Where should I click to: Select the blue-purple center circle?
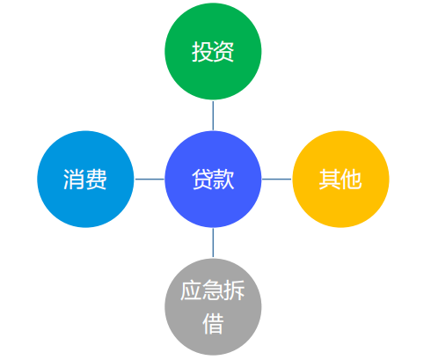213,179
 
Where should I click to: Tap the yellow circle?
340,179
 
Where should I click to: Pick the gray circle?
213,306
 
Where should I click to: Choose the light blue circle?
85,179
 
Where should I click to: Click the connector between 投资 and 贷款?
213,115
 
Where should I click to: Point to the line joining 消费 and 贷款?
150,179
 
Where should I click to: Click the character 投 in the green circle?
202,52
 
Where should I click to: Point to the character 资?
224,52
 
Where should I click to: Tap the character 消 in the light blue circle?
74,180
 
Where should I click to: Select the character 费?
97,180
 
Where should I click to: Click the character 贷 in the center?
202,179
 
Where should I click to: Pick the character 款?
224,179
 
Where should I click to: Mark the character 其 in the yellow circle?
329,180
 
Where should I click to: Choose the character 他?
351,180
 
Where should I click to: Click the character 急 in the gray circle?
213,291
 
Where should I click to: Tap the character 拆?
234,291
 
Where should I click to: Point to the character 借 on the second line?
213,323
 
